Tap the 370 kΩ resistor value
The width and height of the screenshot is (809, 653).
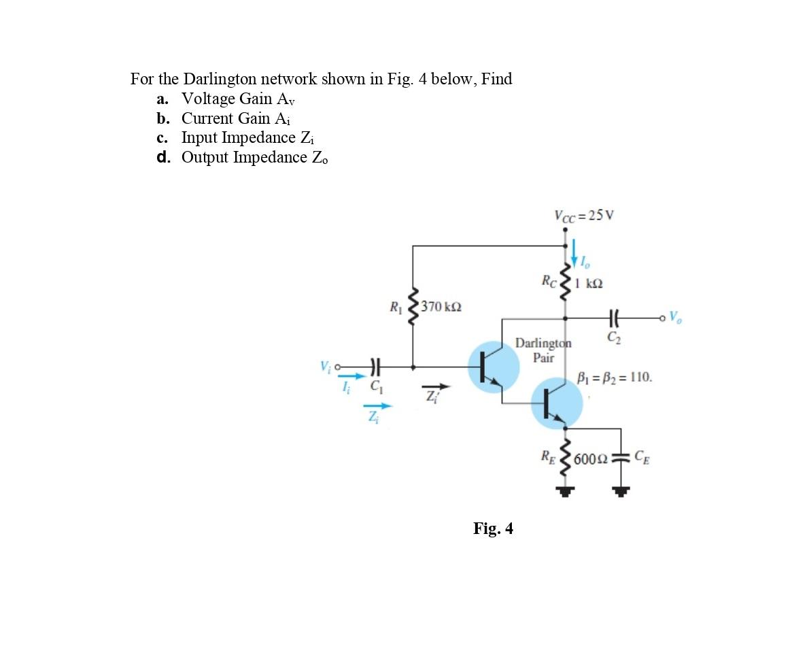coord(441,306)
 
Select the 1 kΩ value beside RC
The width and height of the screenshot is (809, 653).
coord(589,282)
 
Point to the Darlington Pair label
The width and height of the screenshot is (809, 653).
coord(543,350)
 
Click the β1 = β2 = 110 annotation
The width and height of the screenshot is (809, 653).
coord(615,377)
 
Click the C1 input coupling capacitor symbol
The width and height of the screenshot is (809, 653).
coord(374,367)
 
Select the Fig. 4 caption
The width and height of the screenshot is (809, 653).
coord(493,529)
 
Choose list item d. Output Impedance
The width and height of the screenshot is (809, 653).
coord(242,157)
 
